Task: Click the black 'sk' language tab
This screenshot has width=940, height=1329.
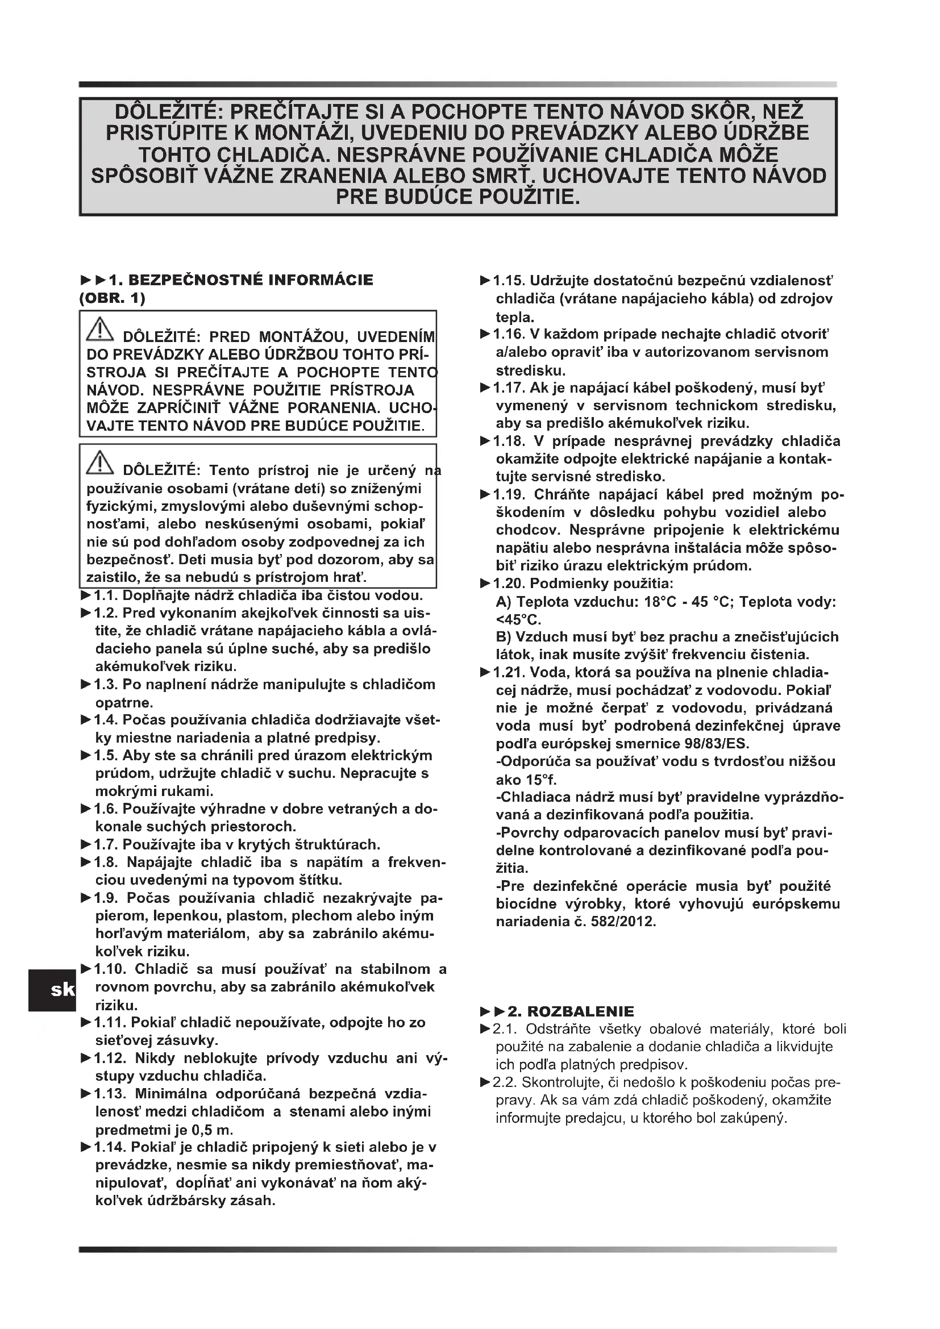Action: coord(52,990)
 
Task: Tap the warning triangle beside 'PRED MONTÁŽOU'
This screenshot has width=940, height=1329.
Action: coord(100,330)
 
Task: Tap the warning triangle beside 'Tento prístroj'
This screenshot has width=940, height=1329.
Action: coord(100,463)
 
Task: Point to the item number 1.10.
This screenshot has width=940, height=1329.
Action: coord(110,969)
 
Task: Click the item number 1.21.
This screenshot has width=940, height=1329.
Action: coord(509,673)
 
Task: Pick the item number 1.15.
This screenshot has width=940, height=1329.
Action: coord(509,281)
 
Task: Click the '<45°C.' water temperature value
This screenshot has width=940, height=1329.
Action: coord(519,620)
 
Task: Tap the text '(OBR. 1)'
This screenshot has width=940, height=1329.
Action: coord(113,299)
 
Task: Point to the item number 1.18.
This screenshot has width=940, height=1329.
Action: coord(509,441)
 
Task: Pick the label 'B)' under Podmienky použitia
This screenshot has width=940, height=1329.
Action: coord(503,637)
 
